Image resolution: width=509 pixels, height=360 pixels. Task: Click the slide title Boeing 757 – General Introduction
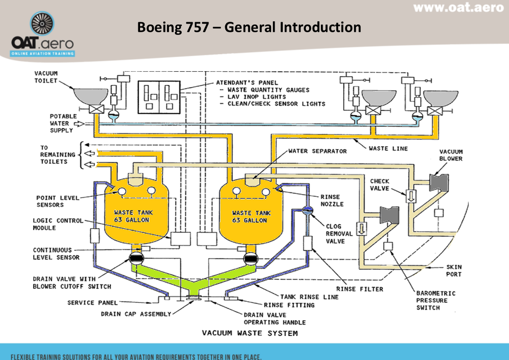tap(249, 27)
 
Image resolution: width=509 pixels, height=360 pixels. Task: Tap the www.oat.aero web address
tap(458, 8)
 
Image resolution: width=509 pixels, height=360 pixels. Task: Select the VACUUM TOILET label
tap(46, 77)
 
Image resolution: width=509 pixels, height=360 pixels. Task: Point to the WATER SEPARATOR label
tap(317, 151)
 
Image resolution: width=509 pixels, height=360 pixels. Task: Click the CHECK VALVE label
tap(380, 185)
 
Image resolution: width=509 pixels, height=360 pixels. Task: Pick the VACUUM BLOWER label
tap(451, 155)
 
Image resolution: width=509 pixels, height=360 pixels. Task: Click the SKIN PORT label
tap(454, 271)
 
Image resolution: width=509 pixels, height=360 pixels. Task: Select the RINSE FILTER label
tap(359, 289)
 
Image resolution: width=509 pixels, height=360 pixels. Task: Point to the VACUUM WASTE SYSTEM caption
tap(250, 333)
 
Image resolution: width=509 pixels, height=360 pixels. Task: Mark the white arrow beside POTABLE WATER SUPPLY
tap(79, 123)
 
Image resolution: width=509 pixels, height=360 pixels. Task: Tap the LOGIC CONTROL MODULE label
tap(58, 224)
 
